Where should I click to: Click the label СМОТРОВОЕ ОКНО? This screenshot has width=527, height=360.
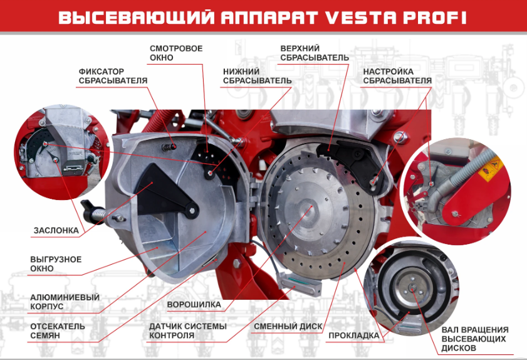176,53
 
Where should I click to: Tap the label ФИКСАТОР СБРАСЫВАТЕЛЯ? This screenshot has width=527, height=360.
113,76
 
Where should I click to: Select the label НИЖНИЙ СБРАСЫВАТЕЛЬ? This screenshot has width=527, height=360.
257,76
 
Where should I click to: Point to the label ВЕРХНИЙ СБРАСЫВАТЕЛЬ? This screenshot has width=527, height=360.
315,53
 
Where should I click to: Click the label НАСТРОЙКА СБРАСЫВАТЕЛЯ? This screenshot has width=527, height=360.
397,76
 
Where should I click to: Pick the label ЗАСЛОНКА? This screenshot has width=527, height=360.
56,230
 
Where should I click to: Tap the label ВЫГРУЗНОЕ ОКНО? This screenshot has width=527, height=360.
56,264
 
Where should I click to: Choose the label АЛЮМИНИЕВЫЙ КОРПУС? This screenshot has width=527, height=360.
65,302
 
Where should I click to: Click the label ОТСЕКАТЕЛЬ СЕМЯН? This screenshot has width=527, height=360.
58,331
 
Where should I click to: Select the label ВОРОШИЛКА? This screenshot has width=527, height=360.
194,305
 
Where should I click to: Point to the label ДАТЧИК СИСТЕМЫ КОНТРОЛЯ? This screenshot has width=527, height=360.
188,331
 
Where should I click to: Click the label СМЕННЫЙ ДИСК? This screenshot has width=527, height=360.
288,326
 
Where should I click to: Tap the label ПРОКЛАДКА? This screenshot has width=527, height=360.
354,336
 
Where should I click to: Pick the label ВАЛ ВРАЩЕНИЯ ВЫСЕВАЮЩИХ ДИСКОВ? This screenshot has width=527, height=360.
475,339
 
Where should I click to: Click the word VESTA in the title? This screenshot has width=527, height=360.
361,18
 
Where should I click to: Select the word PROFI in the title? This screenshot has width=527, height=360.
435,18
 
